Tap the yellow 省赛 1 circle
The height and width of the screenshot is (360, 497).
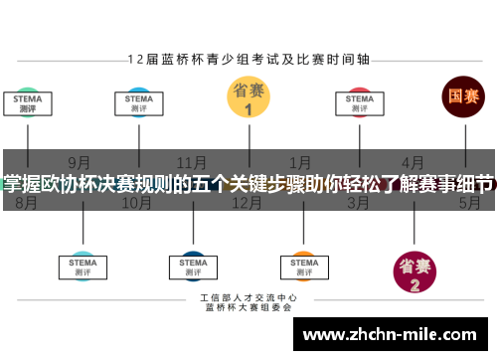click(248, 98)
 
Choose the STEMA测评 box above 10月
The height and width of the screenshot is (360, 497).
click(139, 104)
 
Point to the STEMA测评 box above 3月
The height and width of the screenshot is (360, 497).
click(360, 104)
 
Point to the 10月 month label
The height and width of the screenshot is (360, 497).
click(136, 203)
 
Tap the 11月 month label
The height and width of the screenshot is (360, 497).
click(192, 162)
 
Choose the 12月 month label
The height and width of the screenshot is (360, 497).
click(247, 203)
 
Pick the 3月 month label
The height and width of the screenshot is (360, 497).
click(358, 203)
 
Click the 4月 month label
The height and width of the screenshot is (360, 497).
click(413, 162)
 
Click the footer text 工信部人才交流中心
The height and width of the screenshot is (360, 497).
click(248, 297)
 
